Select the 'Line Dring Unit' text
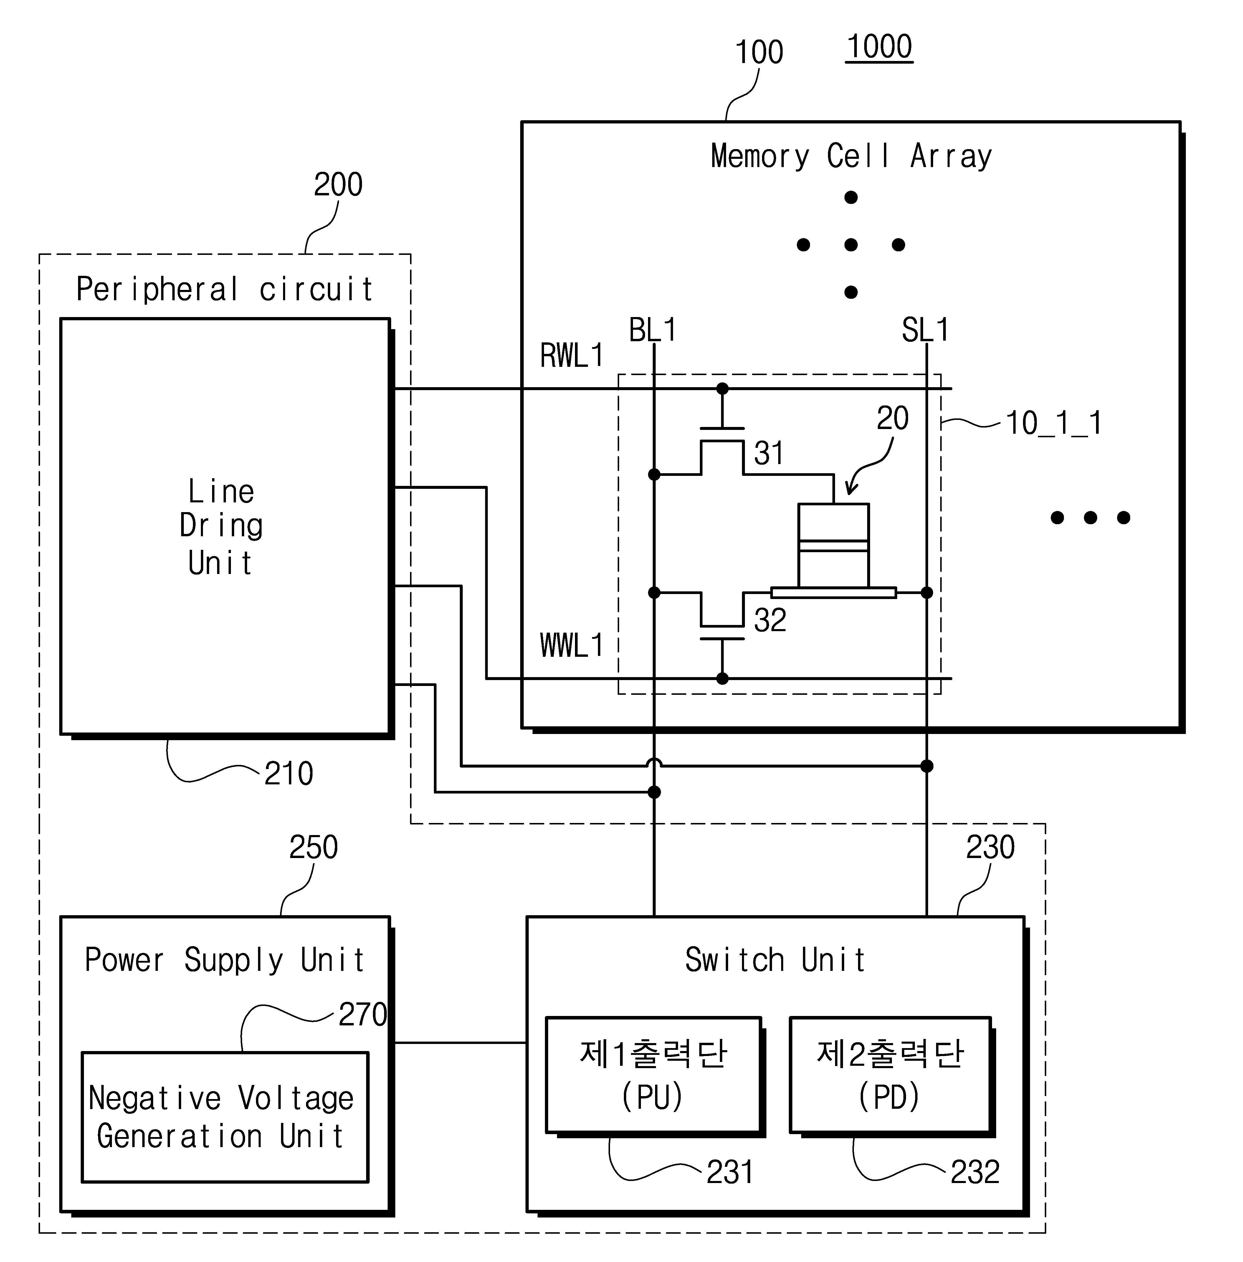tap(221, 527)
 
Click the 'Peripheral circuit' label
tap(224, 289)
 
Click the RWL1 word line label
tap(571, 356)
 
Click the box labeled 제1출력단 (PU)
tap(654, 1075)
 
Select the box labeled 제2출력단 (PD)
tap(890, 1075)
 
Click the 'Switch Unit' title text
tap(775, 960)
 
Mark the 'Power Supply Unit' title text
tap(224, 960)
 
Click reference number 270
tap(362, 1014)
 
